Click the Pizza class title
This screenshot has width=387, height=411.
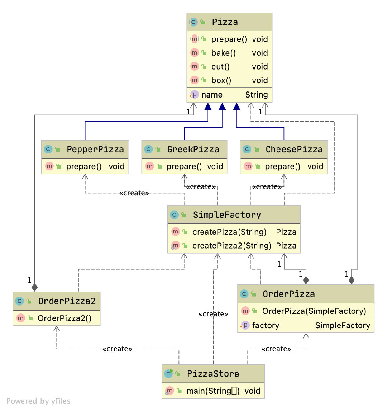pyautogui.click(x=225, y=22)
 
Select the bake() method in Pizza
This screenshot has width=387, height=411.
pyautogui.click(x=224, y=53)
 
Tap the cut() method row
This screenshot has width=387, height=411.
pyautogui.click(x=221, y=67)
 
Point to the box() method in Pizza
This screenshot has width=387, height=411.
pyautogui.click(x=221, y=80)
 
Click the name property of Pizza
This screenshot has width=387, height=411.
pyautogui.click(x=212, y=95)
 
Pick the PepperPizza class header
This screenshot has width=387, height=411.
pyautogui.click(x=95, y=150)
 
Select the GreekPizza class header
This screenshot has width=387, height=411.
pyautogui.click(x=193, y=150)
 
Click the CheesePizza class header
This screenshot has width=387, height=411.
pyautogui.click(x=294, y=150)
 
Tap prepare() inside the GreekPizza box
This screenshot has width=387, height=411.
pyautogui.click(x=184, y=167)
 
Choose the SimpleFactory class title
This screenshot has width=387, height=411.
pyautogui.click(x=227, y=215)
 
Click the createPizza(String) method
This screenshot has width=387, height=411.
pyautogui.click(x=229, y=232)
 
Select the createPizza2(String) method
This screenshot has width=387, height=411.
pyautogui.click(x=232, y=246)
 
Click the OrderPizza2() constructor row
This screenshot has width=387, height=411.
pyautogui.click(x=64, y=318)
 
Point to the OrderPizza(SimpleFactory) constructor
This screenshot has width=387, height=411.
pyautogui.click(x=314, y=311)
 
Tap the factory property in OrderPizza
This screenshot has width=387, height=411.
pyautogui.click(x=266, y=326)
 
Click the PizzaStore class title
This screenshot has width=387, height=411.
pyautogui.click(x=213, y=374)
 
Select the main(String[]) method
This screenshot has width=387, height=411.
pyautogui.click(x=213, y=391)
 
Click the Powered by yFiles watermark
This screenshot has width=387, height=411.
pyautogui.click(x=38, y=401)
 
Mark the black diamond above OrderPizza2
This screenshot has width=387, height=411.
pyautogui.click(x=34, y=287)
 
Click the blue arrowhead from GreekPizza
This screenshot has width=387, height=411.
pyautogui.click(x=222, y=107)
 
